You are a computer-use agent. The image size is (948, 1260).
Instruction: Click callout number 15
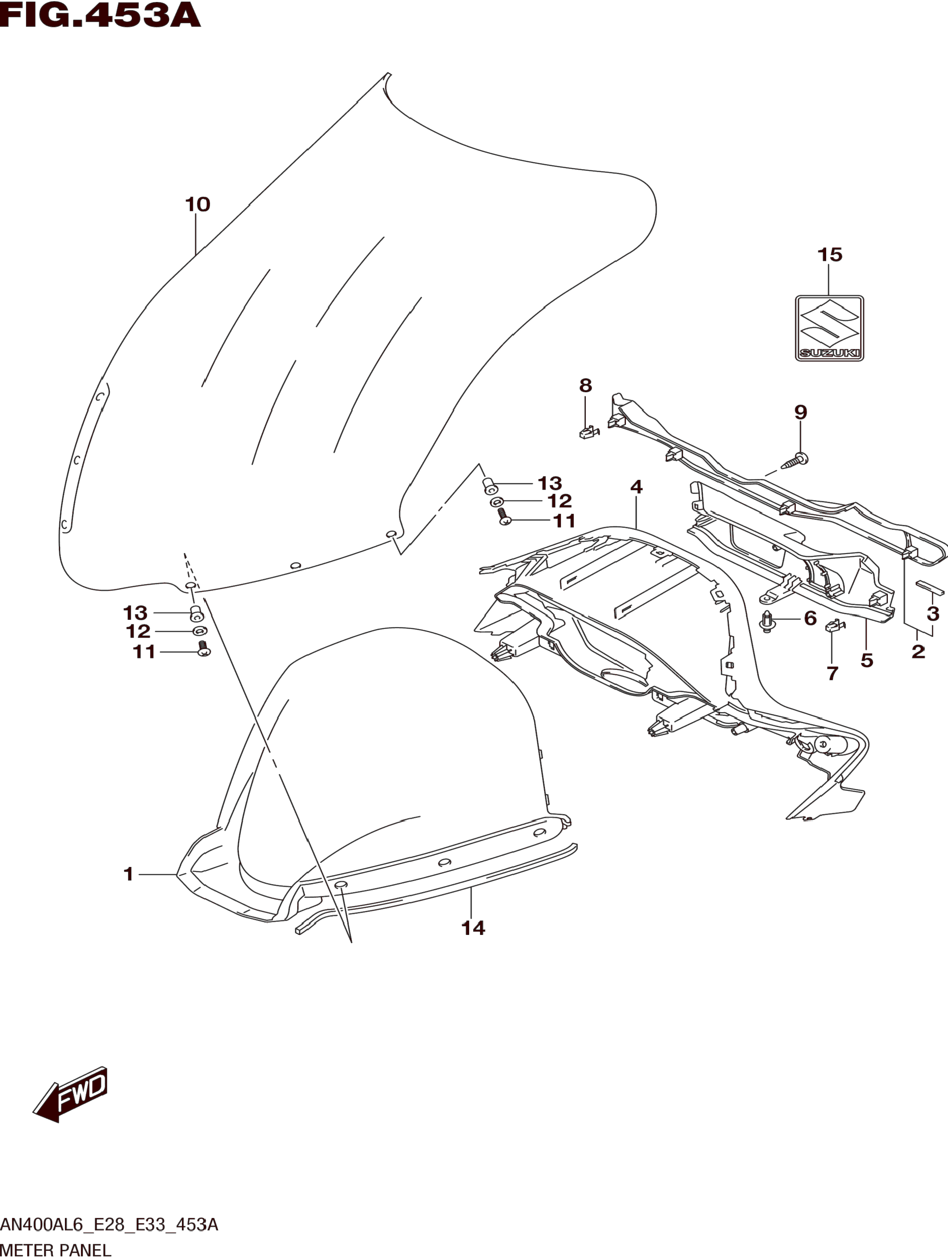point(829,255)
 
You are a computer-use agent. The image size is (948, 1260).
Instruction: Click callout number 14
point(473,928)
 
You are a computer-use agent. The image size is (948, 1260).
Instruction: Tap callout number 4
point(636,487)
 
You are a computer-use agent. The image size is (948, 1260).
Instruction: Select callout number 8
point(586,386)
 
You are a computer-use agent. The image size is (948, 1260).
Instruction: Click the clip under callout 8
point(589,434)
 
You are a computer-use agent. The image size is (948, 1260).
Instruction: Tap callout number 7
point(832,673)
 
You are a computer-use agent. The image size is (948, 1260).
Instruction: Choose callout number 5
point(866,661)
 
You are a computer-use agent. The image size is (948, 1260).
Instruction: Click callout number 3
point(932,613)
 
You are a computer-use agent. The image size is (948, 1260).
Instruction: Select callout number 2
point(918,651)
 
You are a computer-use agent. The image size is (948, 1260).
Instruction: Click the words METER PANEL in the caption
point(56,1250)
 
